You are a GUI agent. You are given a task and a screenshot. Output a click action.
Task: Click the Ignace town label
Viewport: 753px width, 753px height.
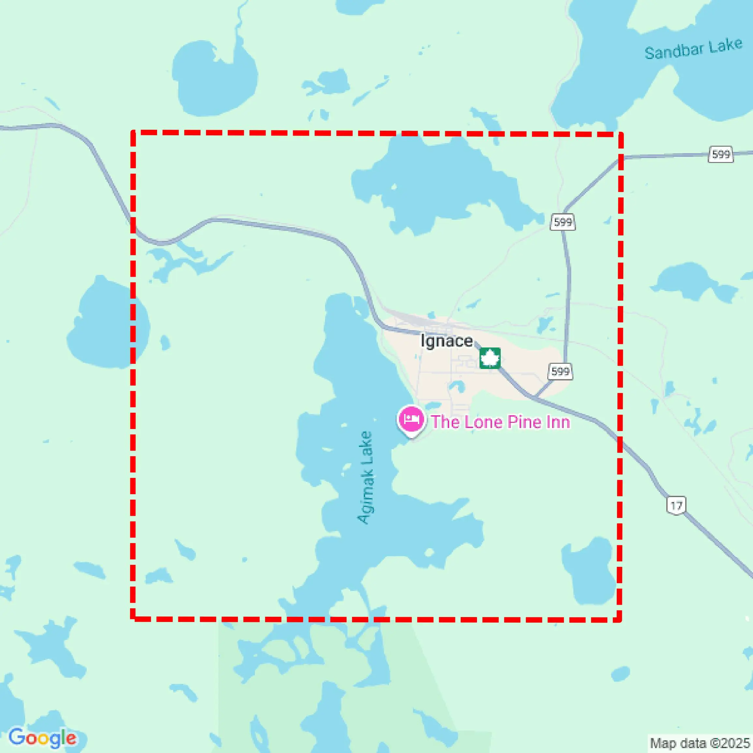[x=446, y=341]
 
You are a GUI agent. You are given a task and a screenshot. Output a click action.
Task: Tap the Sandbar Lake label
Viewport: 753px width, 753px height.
[x=693, y=49]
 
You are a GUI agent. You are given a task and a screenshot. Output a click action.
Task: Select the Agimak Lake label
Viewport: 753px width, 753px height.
[x=366, y=478]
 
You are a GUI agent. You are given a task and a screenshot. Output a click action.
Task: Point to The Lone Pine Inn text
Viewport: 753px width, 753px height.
[x=500, y=422]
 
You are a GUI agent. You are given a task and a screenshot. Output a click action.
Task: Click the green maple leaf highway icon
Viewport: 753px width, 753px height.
[x=490, y=358]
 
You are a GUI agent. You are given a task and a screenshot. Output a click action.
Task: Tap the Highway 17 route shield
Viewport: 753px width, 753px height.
[x=676, y=506]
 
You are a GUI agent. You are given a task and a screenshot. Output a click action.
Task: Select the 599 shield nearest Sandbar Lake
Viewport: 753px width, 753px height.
[x=721, y=154]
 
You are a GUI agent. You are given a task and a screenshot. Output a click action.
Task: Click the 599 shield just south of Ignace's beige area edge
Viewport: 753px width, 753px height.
[x=560, y=371]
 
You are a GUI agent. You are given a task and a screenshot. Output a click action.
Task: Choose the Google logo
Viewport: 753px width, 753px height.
[x=42, y=738]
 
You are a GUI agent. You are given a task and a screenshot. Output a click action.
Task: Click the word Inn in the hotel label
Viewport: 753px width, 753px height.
[x=558, y=422]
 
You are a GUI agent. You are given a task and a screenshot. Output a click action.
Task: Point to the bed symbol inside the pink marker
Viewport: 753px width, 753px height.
[x=411, y=419]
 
